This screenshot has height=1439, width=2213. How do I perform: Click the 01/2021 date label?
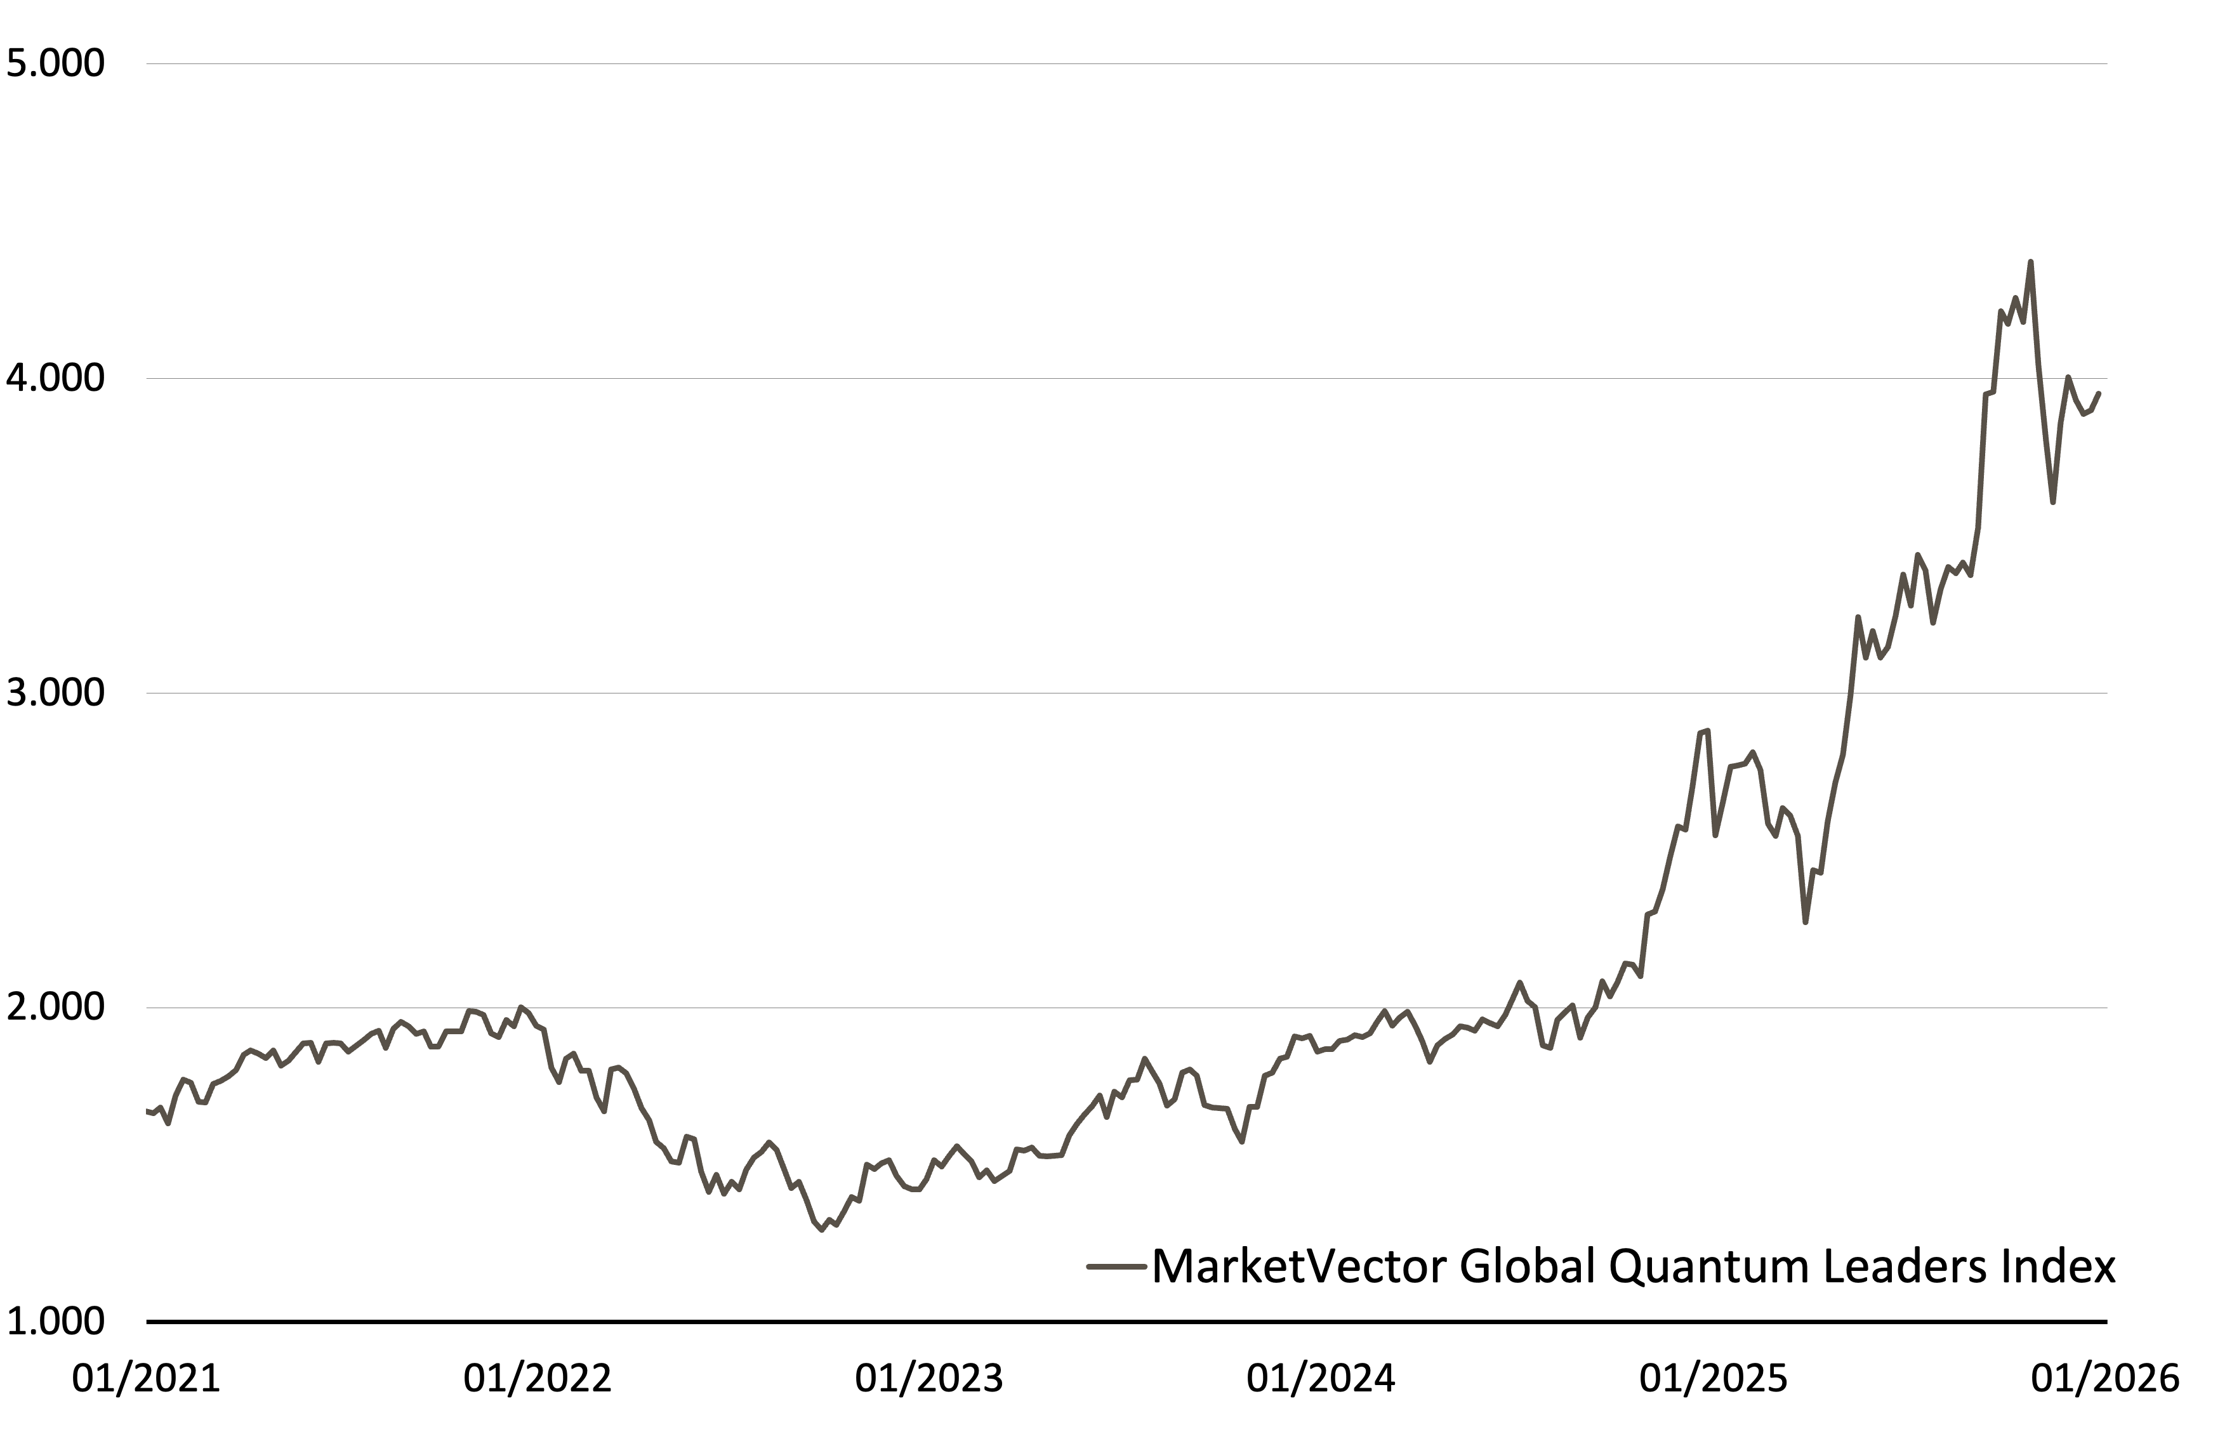[147, 1377]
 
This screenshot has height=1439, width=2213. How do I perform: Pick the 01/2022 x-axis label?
[538, 1377]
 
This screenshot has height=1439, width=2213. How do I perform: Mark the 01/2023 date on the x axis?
[930, 1377]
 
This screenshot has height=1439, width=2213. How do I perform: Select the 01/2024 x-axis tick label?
[1321, 1377]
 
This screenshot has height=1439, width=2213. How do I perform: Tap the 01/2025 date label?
[1713, 1377]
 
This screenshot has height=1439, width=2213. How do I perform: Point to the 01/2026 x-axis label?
[2105, 1377]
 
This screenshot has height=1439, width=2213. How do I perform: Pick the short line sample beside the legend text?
[1118, 1266]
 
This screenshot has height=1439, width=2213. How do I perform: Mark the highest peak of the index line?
[2030, 261]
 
